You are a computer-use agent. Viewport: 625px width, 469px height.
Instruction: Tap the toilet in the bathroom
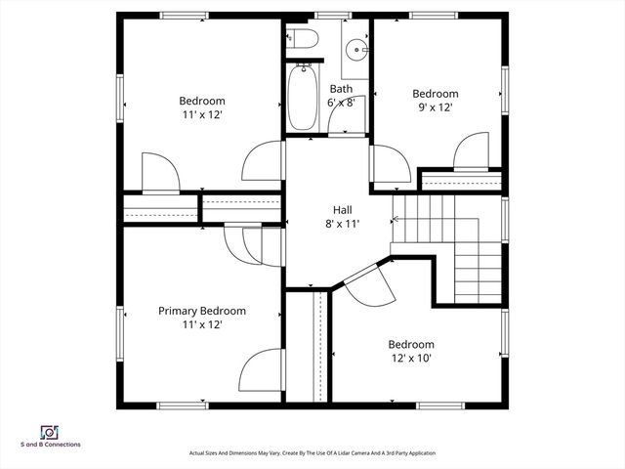click(305, 39)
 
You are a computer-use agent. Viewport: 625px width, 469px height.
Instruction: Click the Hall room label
click(342, 210)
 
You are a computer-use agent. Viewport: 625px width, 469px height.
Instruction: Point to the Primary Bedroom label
click(202, 311)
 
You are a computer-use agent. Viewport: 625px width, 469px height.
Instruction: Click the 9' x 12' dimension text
click(435, 107)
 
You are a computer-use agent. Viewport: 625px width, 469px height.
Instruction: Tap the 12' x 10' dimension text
click(411, 358)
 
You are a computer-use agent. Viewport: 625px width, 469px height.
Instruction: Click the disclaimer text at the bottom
click(312, 453)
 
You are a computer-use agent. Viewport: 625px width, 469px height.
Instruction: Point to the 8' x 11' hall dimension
click(342, 224)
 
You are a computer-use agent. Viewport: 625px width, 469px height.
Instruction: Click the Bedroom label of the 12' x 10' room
click(411, 344)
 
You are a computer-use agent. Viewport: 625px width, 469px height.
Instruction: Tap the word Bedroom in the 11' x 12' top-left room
click(202, 101)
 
